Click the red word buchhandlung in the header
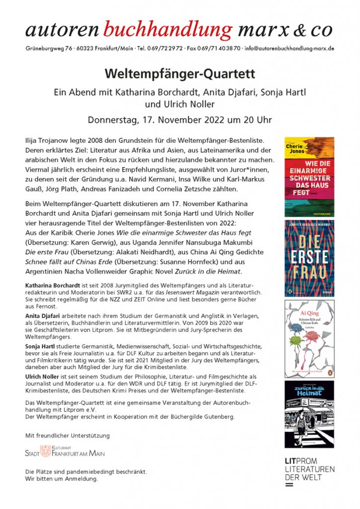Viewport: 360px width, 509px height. click(168, 30)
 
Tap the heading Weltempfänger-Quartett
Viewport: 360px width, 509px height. click(180, 74)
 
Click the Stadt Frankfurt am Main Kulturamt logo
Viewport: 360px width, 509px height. click(65, 452)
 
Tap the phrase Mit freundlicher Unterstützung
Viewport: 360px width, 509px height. click(67, 435)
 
